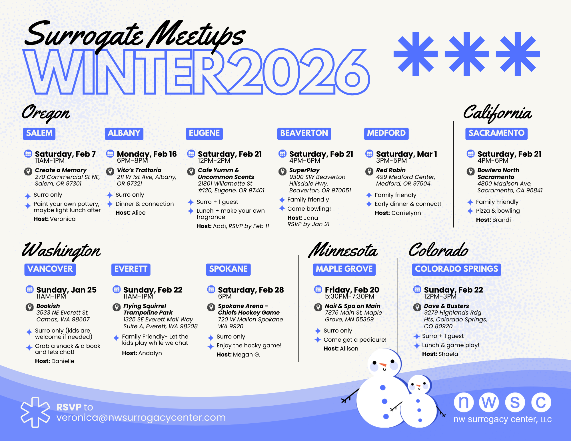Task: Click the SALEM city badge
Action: pos(39,134)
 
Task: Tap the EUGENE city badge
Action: pos(204,134)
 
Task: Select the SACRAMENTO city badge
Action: pos(496,134)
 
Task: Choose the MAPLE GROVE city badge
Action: pos(344,269)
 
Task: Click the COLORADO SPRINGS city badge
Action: pos(456,269)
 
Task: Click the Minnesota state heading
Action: pos(343,251)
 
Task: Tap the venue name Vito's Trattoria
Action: pos(139,170)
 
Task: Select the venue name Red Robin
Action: pos(391,170)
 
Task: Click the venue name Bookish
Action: pos(48,306)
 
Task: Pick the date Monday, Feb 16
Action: pos(147,154)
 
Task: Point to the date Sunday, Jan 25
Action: pos(67,290)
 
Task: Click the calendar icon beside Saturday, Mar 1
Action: pos(369,154)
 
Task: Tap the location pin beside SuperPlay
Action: pos(283,171)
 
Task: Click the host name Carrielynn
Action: pos(406,213)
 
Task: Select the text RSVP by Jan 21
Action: pos(308,224)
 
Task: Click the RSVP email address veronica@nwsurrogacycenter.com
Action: pos(141,418)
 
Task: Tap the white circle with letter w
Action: pos(489,402)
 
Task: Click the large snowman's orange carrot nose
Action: pos(383,365)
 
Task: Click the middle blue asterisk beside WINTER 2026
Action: pos(467,54)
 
